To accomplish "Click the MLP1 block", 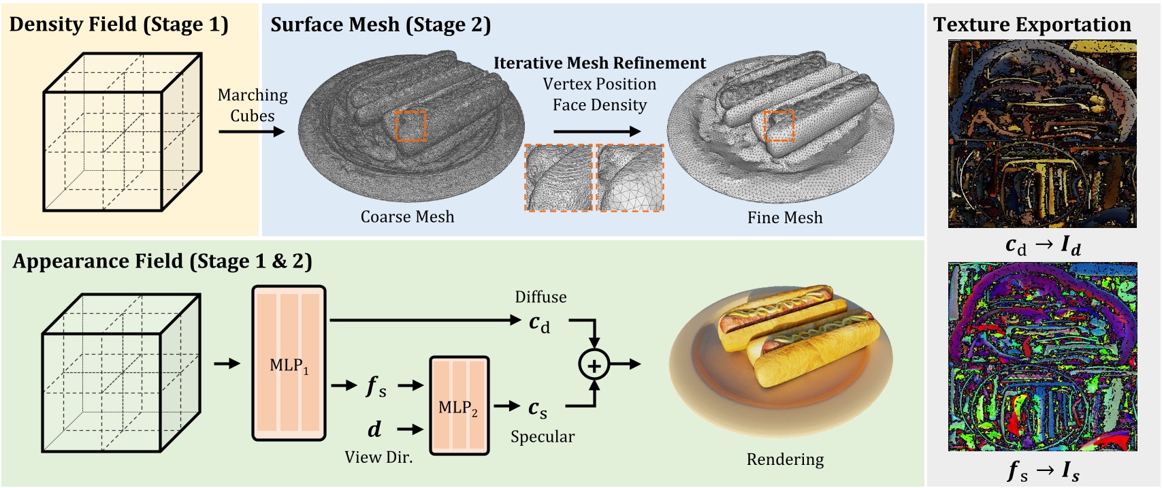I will [x=289, y=364].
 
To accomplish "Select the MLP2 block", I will [x=459, y=406].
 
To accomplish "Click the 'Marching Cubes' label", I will [x=253, y=105].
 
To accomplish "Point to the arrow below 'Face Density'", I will [x=596, y=131].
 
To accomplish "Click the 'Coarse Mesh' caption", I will [x=407, y=216].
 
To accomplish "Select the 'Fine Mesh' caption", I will [x=785, y=217].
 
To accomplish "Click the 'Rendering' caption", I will [x=785, y=459].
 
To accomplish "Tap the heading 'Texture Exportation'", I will [x=1032, y=25].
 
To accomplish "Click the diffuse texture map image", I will [x=1042, y=133].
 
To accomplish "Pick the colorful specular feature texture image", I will [x=1042, y=356].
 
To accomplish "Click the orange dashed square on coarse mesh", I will [x=410, y=126].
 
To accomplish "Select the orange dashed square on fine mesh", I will [x=779, y=126].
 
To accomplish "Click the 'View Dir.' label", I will [x=378, y=457].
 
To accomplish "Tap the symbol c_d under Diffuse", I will [x=539, y=323].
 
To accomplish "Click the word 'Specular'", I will [x=543, y=436].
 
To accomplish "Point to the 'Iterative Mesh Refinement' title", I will [x=599, y=63].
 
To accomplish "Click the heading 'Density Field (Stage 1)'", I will [x=118, y=25].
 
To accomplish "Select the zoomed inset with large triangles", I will [x=630, y=178].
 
